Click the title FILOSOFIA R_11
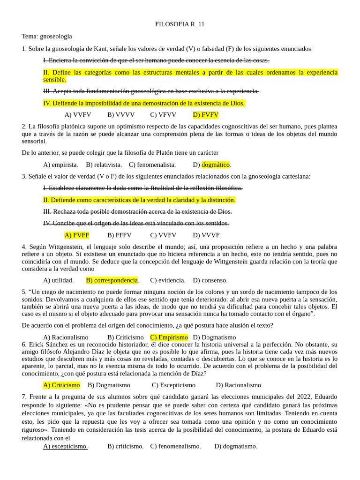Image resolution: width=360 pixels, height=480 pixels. click(180, 24)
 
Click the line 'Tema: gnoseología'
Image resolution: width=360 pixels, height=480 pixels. click(47, 36)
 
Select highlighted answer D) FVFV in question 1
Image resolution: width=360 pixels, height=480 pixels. click(205, 115)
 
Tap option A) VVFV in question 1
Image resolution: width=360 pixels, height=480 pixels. click(78, 115)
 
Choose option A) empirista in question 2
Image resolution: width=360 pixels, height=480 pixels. click(60, 165)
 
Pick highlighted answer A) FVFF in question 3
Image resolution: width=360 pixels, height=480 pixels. click(76, 235)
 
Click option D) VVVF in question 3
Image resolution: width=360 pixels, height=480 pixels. click(206, 235)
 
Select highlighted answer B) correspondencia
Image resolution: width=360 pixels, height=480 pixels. click(112, 280)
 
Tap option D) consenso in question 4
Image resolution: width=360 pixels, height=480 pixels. click(210, 280)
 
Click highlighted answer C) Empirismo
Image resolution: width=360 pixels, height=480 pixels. click(169, 337)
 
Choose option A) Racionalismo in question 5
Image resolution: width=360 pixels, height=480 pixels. click(66, 337)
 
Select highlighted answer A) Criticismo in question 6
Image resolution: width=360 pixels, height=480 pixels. click(61, 385)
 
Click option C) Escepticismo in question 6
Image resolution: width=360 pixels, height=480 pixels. click(173, 385)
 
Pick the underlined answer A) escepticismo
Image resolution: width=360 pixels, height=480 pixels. click(65, 446)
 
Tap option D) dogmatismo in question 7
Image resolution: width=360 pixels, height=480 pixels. click(236, 446)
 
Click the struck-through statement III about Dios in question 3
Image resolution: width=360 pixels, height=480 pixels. click(137, 211)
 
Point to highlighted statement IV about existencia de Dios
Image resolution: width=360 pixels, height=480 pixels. click(144, 103)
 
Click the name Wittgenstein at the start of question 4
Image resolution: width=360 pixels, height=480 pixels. click(59, 247)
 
